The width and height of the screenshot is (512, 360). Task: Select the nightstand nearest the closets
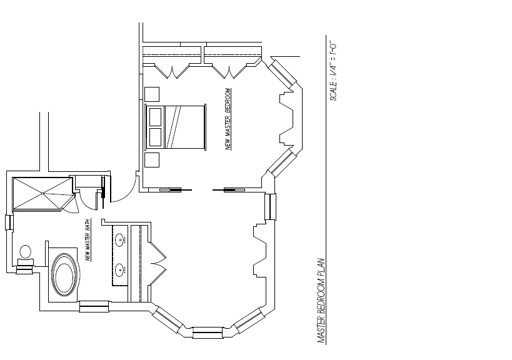click(x=153, y=94)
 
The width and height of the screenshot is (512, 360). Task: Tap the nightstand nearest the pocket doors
click(x=153, y=160)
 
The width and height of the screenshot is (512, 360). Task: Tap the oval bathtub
click(x=65, y=273)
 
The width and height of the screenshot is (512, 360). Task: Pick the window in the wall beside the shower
click(x=8, y=222)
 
